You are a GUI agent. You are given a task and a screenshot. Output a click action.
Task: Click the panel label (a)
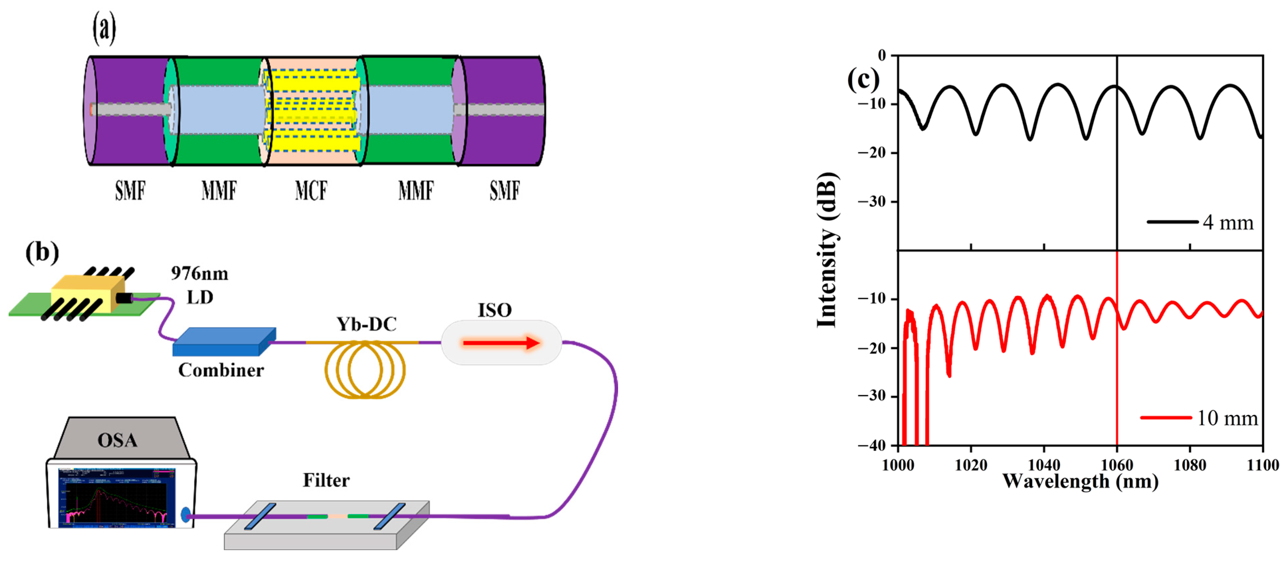(104, 29)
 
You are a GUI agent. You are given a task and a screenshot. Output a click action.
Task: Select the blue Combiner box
(224, 342)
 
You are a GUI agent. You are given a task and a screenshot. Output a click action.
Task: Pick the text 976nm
(199, 273)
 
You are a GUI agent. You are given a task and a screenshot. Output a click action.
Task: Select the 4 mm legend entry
(1200, 222)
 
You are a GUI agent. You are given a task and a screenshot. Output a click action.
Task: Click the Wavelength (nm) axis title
(1080, 482)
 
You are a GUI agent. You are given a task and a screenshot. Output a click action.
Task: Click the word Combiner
(221, 370)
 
